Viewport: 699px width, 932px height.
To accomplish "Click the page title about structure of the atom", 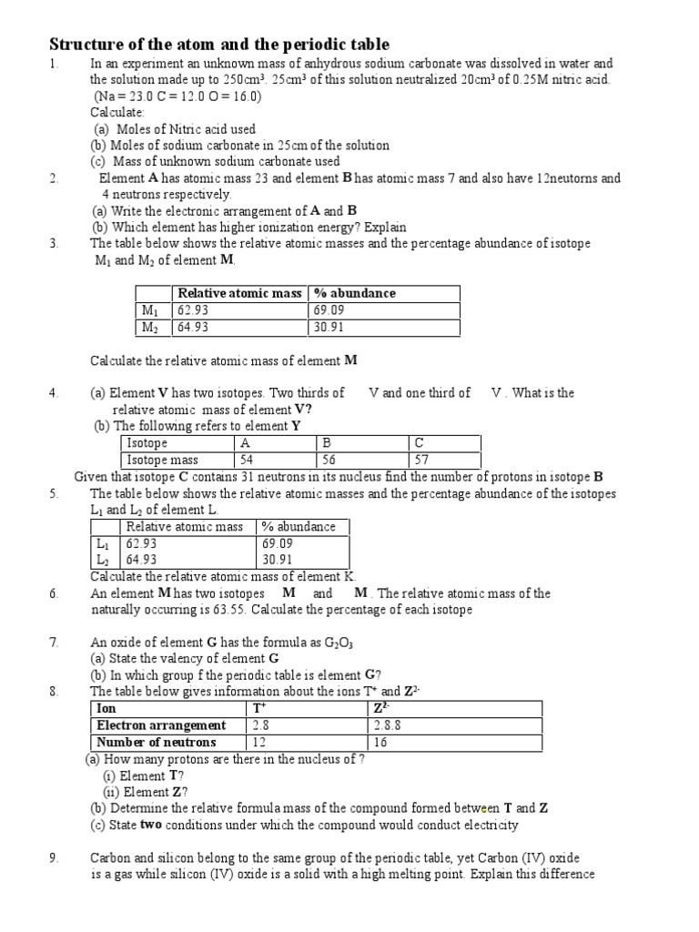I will coord(218,44).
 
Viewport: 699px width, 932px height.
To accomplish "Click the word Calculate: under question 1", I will coord(117,112).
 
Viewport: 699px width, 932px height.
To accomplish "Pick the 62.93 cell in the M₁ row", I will coord(194,310).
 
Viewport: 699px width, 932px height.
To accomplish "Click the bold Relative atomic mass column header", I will coord(239,293).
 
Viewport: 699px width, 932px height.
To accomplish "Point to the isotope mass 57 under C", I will coord(422,461).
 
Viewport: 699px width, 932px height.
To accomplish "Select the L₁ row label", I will coord(103,543).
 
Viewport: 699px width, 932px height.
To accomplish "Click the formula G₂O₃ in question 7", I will coord(339,643).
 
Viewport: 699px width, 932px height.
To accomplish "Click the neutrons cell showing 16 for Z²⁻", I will coord(380,743).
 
